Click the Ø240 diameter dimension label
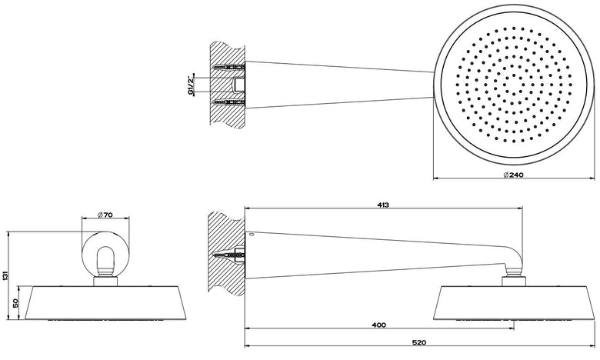click(x=513, y=175)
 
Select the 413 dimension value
click(x=382, y=205)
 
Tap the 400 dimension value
click(x=378, y=325)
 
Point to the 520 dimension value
click(x=420, y=342)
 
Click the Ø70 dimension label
click(x=105, y=215)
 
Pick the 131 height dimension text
click(x=5, y=275)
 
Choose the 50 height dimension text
click(x=15, y=303)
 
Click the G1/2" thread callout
click(x=190, y=85)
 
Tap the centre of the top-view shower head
click(x=513, y=85)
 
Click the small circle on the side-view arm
click(x=251, y=234)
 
